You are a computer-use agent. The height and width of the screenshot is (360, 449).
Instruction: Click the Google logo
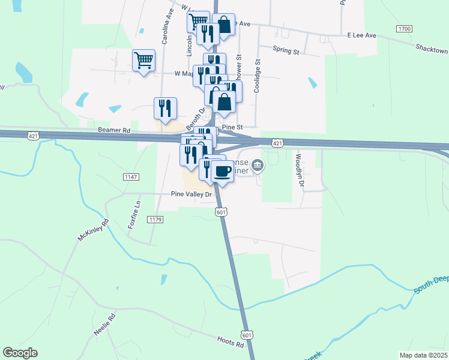(x=20, y=353)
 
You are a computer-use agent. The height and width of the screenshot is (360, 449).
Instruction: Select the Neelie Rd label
(x=104, y=325)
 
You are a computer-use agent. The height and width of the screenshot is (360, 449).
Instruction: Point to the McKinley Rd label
(x=92, y=230)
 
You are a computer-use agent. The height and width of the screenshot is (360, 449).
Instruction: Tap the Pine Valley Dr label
(x=192, y=194)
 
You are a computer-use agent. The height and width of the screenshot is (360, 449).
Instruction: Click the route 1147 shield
(x=131, y=176)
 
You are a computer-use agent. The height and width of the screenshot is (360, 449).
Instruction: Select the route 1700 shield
(x=404, y=29)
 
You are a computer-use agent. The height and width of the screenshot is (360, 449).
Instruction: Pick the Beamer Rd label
(x=113, y=130)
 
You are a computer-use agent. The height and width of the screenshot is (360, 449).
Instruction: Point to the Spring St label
(x=286, y=51)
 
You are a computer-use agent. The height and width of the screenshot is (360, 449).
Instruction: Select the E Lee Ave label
(x=361, y=35)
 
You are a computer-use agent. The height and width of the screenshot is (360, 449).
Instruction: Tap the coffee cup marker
(x=222, y=172)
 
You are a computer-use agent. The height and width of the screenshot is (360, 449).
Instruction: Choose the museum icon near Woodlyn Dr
(x=258, y=165)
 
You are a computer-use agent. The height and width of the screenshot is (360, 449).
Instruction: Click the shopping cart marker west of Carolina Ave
(x=143, y=60)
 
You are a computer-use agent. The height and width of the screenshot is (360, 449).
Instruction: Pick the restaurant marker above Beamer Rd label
(x=165, y=108)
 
